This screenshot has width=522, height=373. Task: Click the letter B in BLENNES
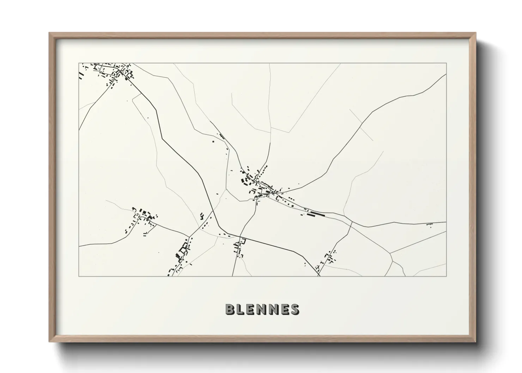230,309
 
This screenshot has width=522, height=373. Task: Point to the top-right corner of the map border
446,63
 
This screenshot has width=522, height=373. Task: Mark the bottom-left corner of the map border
79,276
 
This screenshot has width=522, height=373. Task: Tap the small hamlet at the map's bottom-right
328,258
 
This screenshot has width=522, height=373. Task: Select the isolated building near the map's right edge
430,224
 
